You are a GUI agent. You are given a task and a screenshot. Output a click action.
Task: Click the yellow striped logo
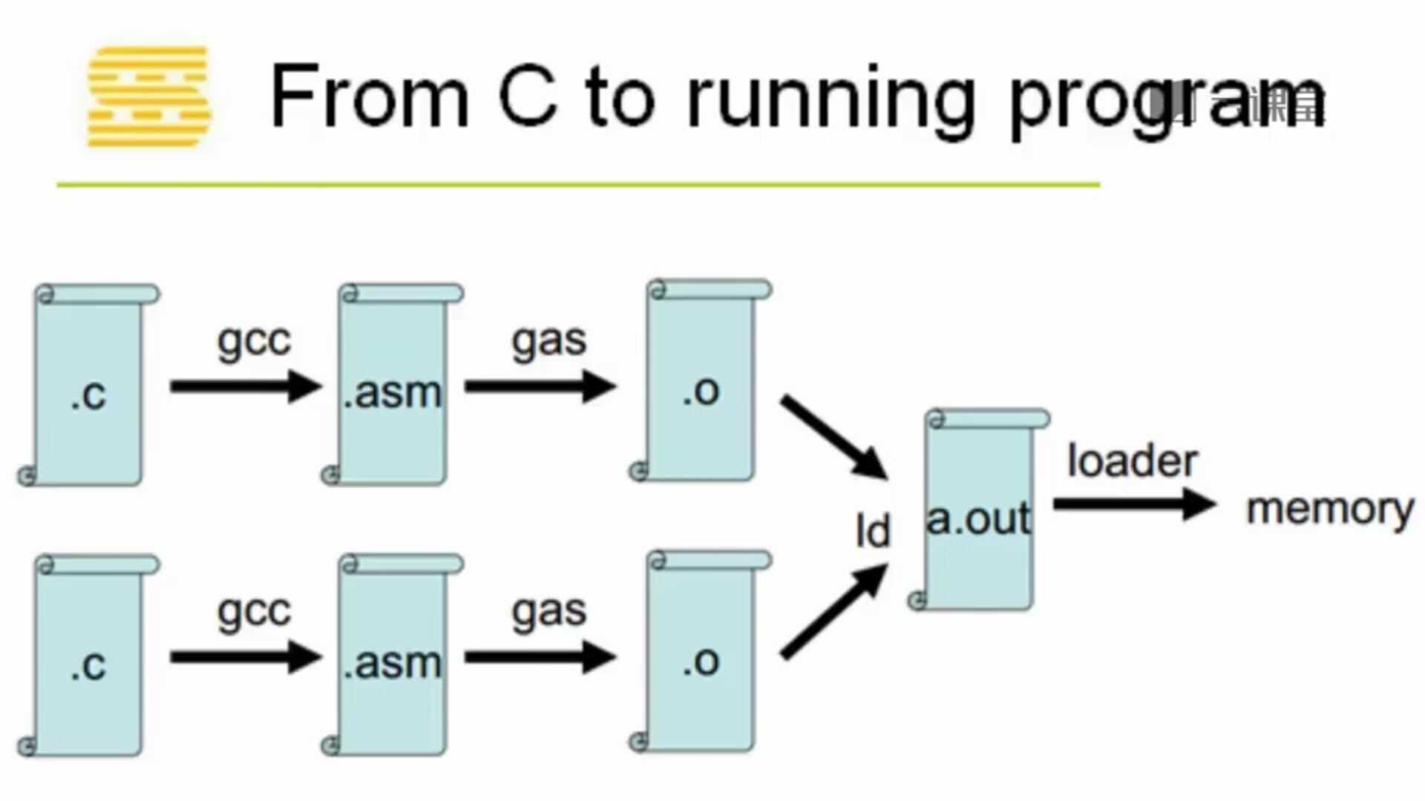point(148,96)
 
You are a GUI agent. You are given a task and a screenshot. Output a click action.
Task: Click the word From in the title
point(370,96)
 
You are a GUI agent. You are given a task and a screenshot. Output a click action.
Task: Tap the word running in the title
point(830,100)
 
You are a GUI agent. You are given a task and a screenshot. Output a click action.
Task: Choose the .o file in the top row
point(701,382)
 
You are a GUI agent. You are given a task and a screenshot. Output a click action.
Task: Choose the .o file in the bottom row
point(701,653)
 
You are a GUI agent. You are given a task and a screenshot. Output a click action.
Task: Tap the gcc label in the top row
point(254,342)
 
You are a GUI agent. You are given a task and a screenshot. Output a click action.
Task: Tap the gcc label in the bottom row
point(254,613)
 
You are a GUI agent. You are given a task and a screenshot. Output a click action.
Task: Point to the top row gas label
point(549,342)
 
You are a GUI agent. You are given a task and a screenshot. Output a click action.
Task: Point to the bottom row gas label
point(549,613)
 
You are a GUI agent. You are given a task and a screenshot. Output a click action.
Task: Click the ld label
point(872,531)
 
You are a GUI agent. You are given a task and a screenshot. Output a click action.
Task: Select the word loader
point(1132,461)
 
